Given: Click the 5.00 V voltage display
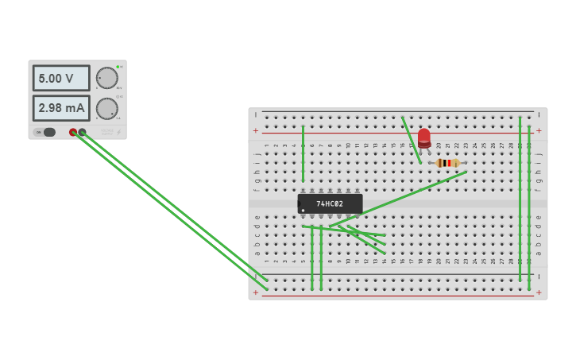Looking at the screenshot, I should [x=61, y=79].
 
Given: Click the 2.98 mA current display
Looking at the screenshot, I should [x=61, y=108].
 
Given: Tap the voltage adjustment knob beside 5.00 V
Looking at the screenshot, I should [x=106, y=78].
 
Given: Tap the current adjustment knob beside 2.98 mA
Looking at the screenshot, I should [x=106, y=108].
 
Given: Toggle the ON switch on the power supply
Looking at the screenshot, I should [x=48, y=132].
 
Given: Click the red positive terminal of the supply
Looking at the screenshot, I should [x=73, y=133].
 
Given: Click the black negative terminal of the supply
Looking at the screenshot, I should [x=82, y=133].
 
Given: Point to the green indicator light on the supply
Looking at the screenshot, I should [x=118, y=67].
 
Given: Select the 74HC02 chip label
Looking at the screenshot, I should [x=330, y=204].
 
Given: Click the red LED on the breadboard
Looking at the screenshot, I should [x=424, y=137].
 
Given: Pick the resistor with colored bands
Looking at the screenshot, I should [x=448, y=163].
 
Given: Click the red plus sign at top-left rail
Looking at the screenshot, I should [x=256, y=130].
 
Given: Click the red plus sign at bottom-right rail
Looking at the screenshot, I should [x=539, y=293].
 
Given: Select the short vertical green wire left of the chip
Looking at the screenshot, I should [x=303, y=153].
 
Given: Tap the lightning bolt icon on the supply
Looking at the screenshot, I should [x=118, y=133].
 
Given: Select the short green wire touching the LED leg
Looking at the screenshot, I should [x=412, y=141].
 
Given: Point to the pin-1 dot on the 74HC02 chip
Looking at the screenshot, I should [x=303, y=211].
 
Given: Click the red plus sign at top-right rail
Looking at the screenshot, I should [x=539, y=130].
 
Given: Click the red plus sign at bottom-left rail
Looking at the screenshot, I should [x=256, y=293].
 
